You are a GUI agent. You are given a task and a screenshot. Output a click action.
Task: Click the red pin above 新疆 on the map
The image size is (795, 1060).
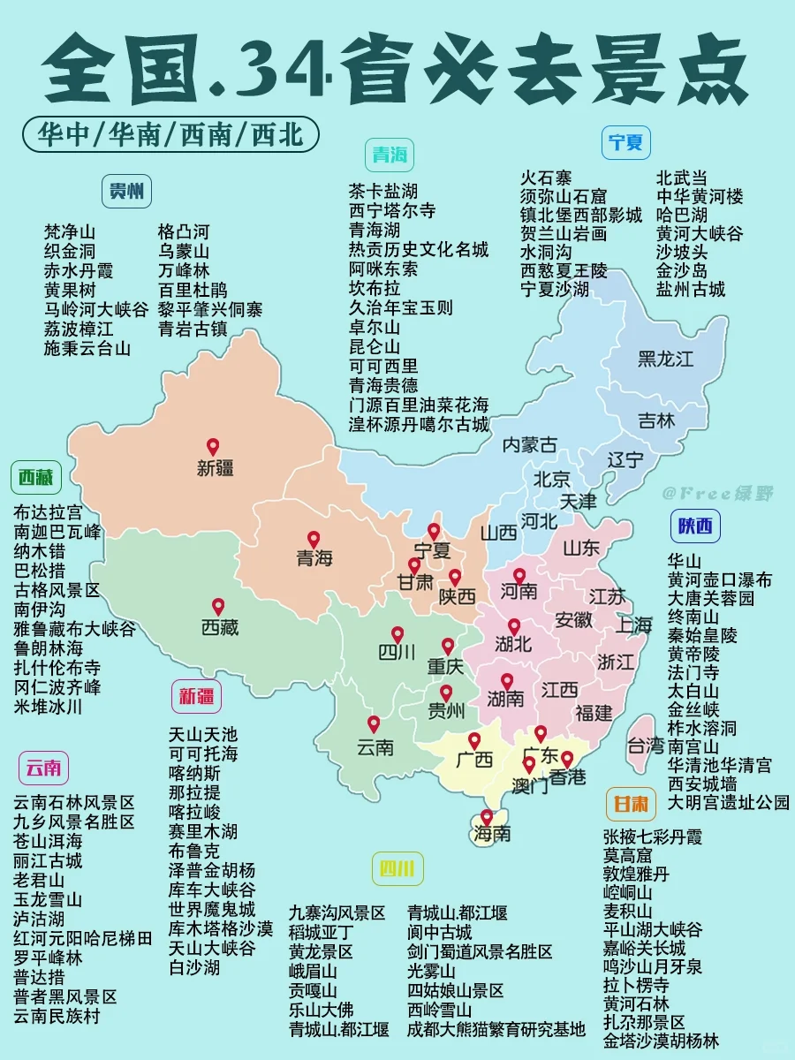pos(212,447)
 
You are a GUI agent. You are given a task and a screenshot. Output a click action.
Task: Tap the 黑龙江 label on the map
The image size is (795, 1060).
pos(665,359)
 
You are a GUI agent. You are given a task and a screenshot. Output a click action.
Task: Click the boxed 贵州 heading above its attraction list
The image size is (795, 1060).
pos(127,191)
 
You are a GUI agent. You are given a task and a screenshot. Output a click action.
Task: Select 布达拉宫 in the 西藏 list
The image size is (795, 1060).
pos(48,512)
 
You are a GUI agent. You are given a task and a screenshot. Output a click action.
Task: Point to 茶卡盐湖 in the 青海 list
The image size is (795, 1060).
pos(383,192)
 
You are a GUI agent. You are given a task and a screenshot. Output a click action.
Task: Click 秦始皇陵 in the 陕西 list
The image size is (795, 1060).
pos(702,635)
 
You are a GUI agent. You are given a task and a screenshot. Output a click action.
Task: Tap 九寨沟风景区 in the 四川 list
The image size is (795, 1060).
pos(337,913)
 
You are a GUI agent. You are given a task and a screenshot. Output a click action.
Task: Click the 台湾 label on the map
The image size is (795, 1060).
pos(645,746)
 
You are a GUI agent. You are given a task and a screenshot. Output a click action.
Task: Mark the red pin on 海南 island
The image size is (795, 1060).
pos(486,818)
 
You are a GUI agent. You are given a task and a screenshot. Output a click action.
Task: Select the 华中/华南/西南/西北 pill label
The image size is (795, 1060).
pos(171,134)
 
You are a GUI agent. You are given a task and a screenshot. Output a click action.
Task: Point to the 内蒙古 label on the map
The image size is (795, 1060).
pos(530,444)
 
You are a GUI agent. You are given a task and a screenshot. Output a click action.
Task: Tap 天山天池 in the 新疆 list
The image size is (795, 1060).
pos(203,735)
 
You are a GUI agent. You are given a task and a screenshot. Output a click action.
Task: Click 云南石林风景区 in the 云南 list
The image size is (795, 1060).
pos(74,803)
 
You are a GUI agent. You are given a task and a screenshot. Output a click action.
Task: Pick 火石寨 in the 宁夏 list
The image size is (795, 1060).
pos(546,178)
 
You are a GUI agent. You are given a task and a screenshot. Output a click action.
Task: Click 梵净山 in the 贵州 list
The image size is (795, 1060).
pos(70,232)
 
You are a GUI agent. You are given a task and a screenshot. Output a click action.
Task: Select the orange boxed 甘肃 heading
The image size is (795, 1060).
pos(631,804)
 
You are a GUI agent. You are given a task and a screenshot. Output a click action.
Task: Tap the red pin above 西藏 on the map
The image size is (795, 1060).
pos(217,607)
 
